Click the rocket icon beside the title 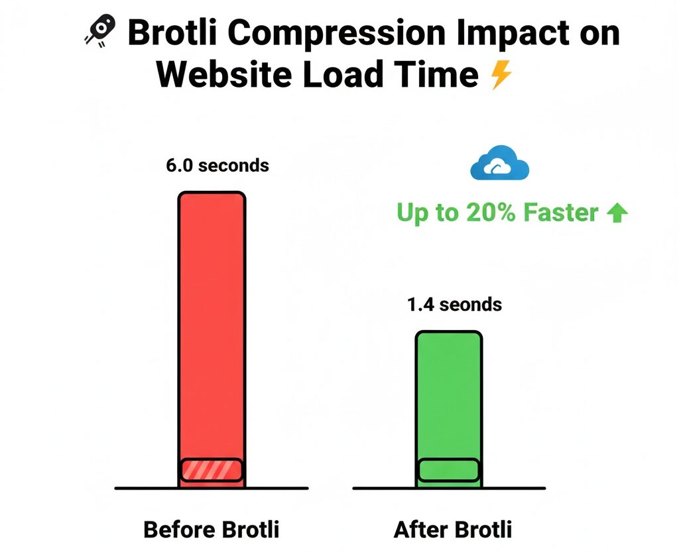100,31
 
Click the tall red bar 212,318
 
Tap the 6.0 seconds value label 217,165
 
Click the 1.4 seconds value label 454,305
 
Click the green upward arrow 617,213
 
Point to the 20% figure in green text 489,213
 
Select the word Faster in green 560,213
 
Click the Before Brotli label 212,530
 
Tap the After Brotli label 453,530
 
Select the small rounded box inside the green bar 449,469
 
